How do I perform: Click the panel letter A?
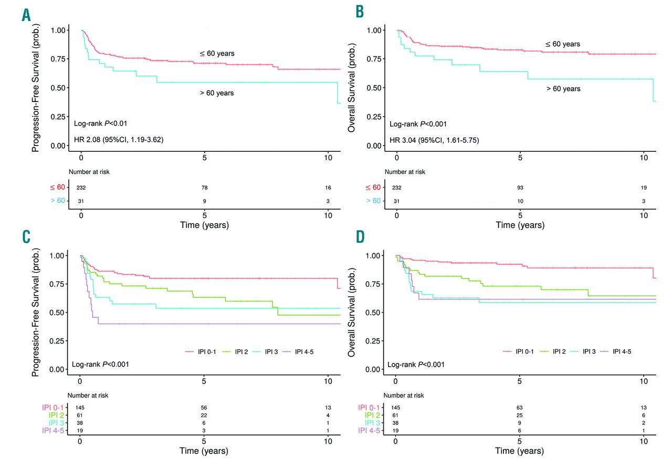point(25,15)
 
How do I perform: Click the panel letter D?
point(360,237)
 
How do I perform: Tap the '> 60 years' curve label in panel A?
point(216,93)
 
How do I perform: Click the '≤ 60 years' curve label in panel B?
point(562,44)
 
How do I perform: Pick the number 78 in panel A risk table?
point(205,188)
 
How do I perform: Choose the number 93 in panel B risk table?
point(520,188)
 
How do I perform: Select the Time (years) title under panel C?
point(204,451)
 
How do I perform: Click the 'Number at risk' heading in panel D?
point(404,395)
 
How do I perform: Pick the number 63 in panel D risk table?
point(519,407)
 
